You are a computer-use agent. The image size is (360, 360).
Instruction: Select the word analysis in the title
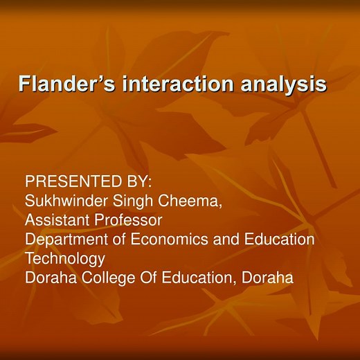point(282,84)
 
